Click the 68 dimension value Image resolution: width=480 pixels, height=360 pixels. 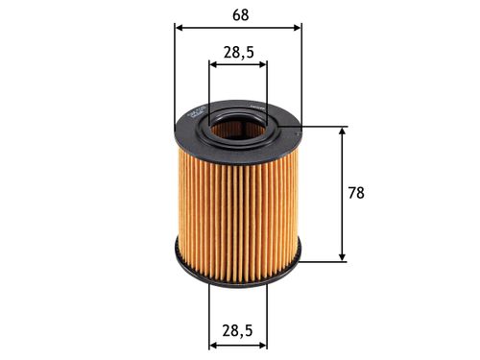(238, 13)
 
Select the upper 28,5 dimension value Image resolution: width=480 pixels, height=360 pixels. (238, 53)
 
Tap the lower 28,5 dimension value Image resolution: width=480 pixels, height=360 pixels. (238, 330)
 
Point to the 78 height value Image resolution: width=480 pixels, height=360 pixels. (355, 193)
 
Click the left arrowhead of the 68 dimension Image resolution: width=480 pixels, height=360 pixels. (180, 27)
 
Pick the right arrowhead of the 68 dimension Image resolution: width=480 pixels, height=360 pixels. (297, 27)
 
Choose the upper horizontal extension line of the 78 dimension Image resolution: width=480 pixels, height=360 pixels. (322, 126)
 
